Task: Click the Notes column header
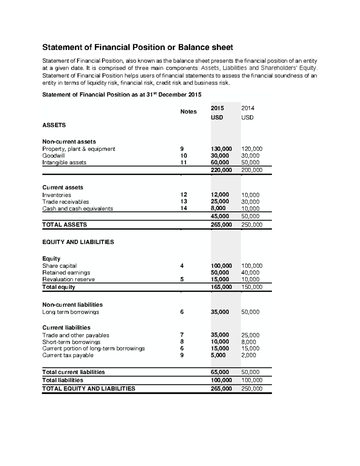(188, 112)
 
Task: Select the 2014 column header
(247, 108)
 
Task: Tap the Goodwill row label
(53, 156)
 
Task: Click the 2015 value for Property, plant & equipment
(221, 149)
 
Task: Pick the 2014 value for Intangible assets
(250, 163)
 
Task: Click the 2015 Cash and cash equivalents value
(220, 209)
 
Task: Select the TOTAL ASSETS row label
(64, 225)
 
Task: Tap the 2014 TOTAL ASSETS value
(252, 225)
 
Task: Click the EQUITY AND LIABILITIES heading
(78, 242)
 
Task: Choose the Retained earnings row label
(66, 273)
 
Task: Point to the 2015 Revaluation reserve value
(220, 279)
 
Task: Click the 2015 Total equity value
(221, 287)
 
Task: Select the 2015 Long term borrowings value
(220, 312)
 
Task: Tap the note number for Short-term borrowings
(182, 342)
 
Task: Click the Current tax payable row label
(68, 355)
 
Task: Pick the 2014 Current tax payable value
(249, 355)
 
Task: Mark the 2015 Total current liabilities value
(220, 372)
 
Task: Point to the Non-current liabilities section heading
(72, 305)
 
